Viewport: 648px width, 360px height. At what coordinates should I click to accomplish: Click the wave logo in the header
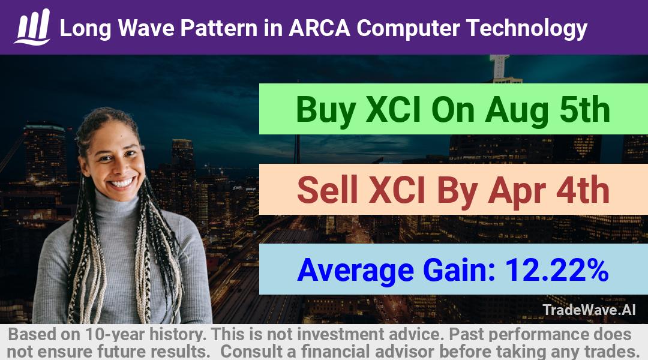(x=32, y=27)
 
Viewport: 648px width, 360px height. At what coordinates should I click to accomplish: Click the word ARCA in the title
(x=319, y=28)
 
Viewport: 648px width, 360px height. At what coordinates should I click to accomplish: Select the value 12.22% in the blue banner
(x=557, y=269)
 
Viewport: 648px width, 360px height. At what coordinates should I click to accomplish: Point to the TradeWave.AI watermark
(x=589, y=310)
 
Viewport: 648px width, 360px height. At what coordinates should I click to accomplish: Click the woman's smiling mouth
(x=123, y=183)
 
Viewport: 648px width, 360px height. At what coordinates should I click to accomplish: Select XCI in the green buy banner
(x=393, y=110)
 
